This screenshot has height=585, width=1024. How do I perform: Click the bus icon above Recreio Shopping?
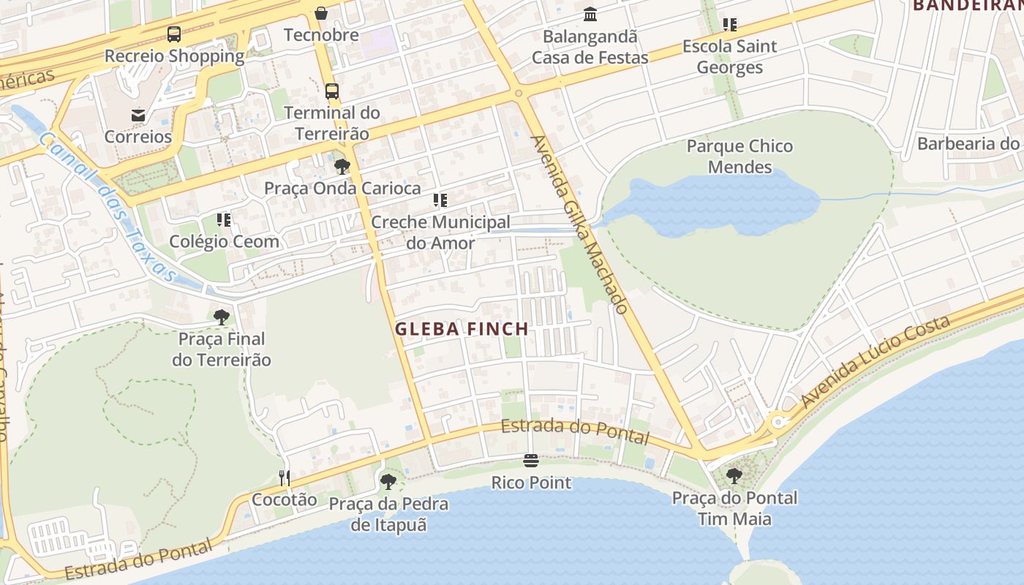[174, 34]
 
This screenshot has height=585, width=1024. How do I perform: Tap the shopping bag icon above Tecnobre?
[321, 13]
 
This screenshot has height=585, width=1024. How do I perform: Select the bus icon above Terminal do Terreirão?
[332, 91]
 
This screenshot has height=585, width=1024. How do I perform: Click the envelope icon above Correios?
[138, 115]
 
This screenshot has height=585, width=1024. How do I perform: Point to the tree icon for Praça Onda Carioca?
[342, 167]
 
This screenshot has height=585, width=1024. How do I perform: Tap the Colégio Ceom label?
[225, 241]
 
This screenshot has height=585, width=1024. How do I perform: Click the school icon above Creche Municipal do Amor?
[440, 200]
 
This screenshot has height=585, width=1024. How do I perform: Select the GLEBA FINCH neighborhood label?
[462, 329]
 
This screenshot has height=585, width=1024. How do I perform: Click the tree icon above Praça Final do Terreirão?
[222, 317]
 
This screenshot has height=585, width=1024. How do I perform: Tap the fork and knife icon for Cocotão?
[285, 478]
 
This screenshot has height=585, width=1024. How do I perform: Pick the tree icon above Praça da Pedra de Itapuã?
[388, 482]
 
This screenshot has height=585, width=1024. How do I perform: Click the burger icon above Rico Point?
[531, 461]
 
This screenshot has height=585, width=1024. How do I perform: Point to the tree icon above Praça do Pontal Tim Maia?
[734, 476]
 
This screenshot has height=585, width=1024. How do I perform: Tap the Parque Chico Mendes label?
[739, 156]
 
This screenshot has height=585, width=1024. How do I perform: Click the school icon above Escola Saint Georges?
[729, 25]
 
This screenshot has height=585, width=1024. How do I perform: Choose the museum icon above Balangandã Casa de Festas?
[590, 15]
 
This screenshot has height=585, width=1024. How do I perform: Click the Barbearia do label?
[968, 143]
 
